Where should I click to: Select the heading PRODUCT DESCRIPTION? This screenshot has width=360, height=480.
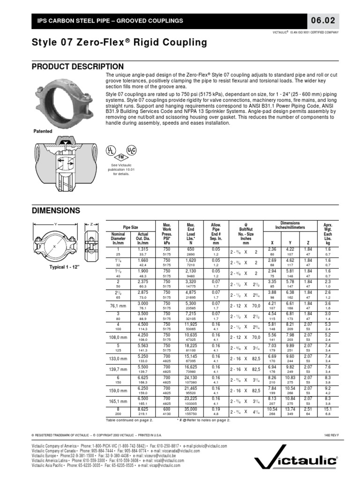pos(78,67)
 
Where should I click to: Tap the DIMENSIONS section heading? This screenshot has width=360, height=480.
pos(56,210)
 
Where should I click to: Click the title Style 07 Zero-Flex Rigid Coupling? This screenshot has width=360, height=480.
pos(119,43)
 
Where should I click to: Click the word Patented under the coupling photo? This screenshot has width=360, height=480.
pos(42,131)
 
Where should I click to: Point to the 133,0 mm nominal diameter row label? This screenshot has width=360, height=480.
pos(118,359)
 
